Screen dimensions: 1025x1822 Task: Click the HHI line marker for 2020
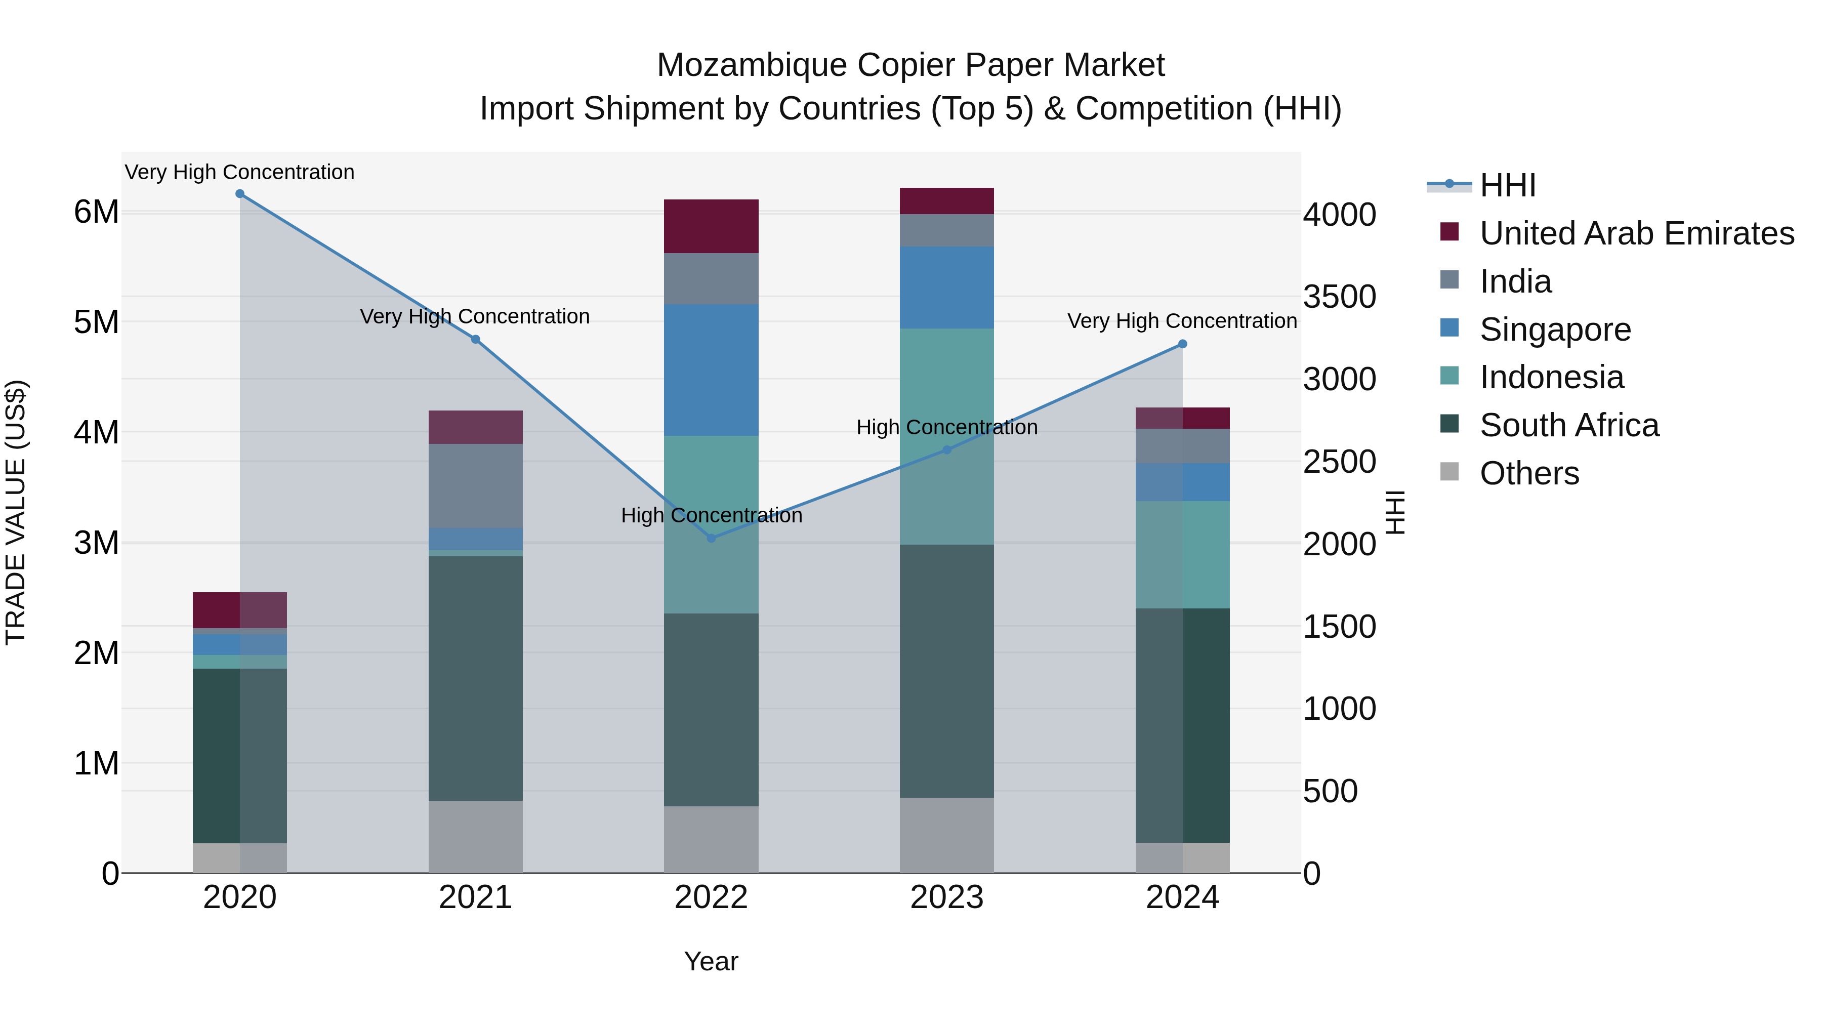240,194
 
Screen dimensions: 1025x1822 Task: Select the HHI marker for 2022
712,539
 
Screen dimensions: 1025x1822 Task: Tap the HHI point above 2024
1183,345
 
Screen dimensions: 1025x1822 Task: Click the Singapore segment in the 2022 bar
712,370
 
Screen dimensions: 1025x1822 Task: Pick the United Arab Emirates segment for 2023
947,201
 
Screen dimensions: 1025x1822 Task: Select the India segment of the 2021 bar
475,486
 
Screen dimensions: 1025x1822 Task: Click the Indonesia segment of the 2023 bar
947,436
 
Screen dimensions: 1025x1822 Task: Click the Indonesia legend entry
1551,378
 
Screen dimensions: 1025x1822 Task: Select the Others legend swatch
1450,472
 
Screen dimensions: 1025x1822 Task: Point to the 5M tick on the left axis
96,322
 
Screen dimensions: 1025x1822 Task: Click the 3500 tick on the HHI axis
1340,297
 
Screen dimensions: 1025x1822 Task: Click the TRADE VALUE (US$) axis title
16,512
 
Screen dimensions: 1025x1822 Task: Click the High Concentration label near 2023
947,428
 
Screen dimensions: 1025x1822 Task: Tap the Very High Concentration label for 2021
475,317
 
